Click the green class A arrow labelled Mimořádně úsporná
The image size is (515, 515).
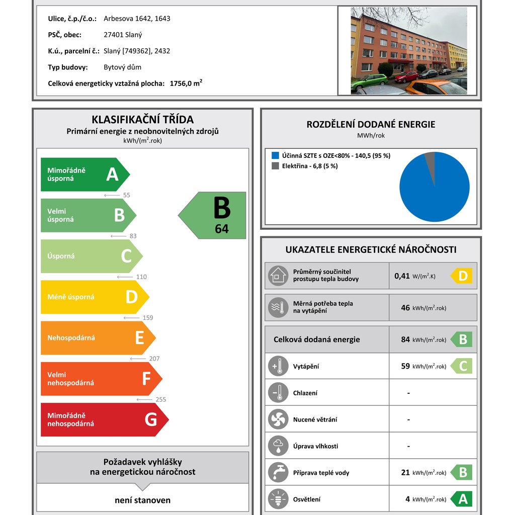point(83,175)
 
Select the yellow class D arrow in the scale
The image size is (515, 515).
point(93,297)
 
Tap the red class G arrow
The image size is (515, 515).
point(103,419)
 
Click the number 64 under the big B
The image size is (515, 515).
point(221,229)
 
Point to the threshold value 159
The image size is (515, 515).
point(147,318)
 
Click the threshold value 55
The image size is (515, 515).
point(126,195)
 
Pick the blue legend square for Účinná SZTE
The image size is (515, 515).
point(275,155)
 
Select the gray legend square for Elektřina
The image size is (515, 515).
point(275,166)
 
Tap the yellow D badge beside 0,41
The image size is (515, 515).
point(462,276)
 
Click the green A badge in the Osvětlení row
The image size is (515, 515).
point(462,499)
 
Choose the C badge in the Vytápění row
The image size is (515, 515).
point(462,366)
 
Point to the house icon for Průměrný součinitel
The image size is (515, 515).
point(278,276)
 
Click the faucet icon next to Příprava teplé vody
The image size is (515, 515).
point(278,472)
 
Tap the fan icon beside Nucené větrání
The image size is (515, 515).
point(278,419)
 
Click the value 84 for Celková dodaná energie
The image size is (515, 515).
point(405,339)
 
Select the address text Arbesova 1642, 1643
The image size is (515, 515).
point(137,19)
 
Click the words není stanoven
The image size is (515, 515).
point(143,500)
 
